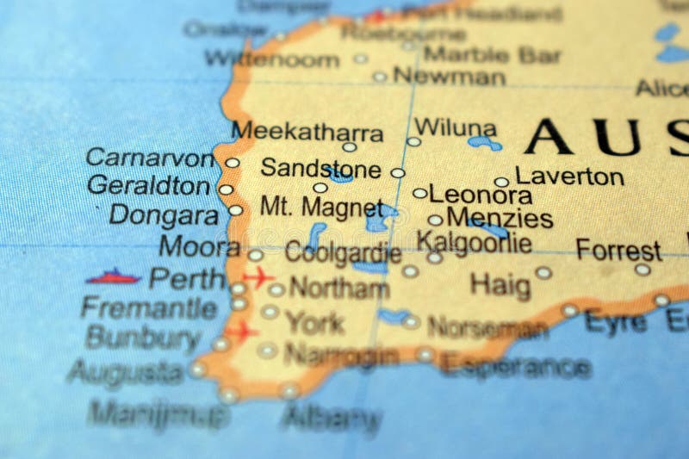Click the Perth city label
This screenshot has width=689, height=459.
click(186, 278)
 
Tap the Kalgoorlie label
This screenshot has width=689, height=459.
click(474, 242)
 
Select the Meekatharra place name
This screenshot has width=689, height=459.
click(307, 132)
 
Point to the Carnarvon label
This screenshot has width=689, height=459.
click(151, 158)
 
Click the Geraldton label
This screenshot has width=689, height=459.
click(148, 185)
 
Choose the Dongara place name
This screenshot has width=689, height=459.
click(164, 214)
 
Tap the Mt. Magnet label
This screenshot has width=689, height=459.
click(321, 207)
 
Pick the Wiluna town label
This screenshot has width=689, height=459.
click(455, 128)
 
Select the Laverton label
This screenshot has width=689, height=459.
click(569, 177)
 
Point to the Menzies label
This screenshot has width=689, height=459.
click(500, 218)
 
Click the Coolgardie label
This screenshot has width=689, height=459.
click(343, 253)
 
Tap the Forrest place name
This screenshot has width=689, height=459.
click(618, 251)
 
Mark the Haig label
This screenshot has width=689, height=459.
click(500, 283)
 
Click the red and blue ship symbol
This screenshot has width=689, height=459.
click(113, 276)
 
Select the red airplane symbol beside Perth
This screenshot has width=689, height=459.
click(257, 277)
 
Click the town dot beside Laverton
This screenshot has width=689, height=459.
click(501, 182)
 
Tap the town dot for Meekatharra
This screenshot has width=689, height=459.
click(350, 146)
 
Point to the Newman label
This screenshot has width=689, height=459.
click(449, 76)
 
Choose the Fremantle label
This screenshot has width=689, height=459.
click(149, 307)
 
